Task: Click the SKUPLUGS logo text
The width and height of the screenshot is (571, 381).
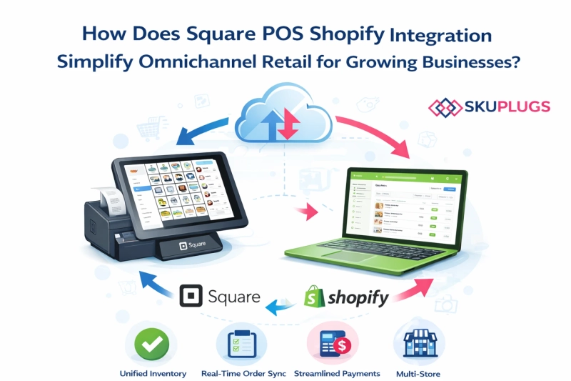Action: pyautogui.click(x=508, y=107)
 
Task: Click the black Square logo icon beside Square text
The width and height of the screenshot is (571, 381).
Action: pyautogui.click(x=189, y=296)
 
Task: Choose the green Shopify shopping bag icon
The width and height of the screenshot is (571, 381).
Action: pyautogui.click(x=315, y=297)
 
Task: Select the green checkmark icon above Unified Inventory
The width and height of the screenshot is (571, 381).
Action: pyautogui.click(x=151, y=344)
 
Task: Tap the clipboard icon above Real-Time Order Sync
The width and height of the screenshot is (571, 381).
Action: pyautogui.click(x=241, y=344)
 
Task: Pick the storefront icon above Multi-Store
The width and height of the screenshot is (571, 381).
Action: pyautogui.click(x=418, y=344)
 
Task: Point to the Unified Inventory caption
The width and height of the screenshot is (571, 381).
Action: pyautogui.click(x=152, y=374)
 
